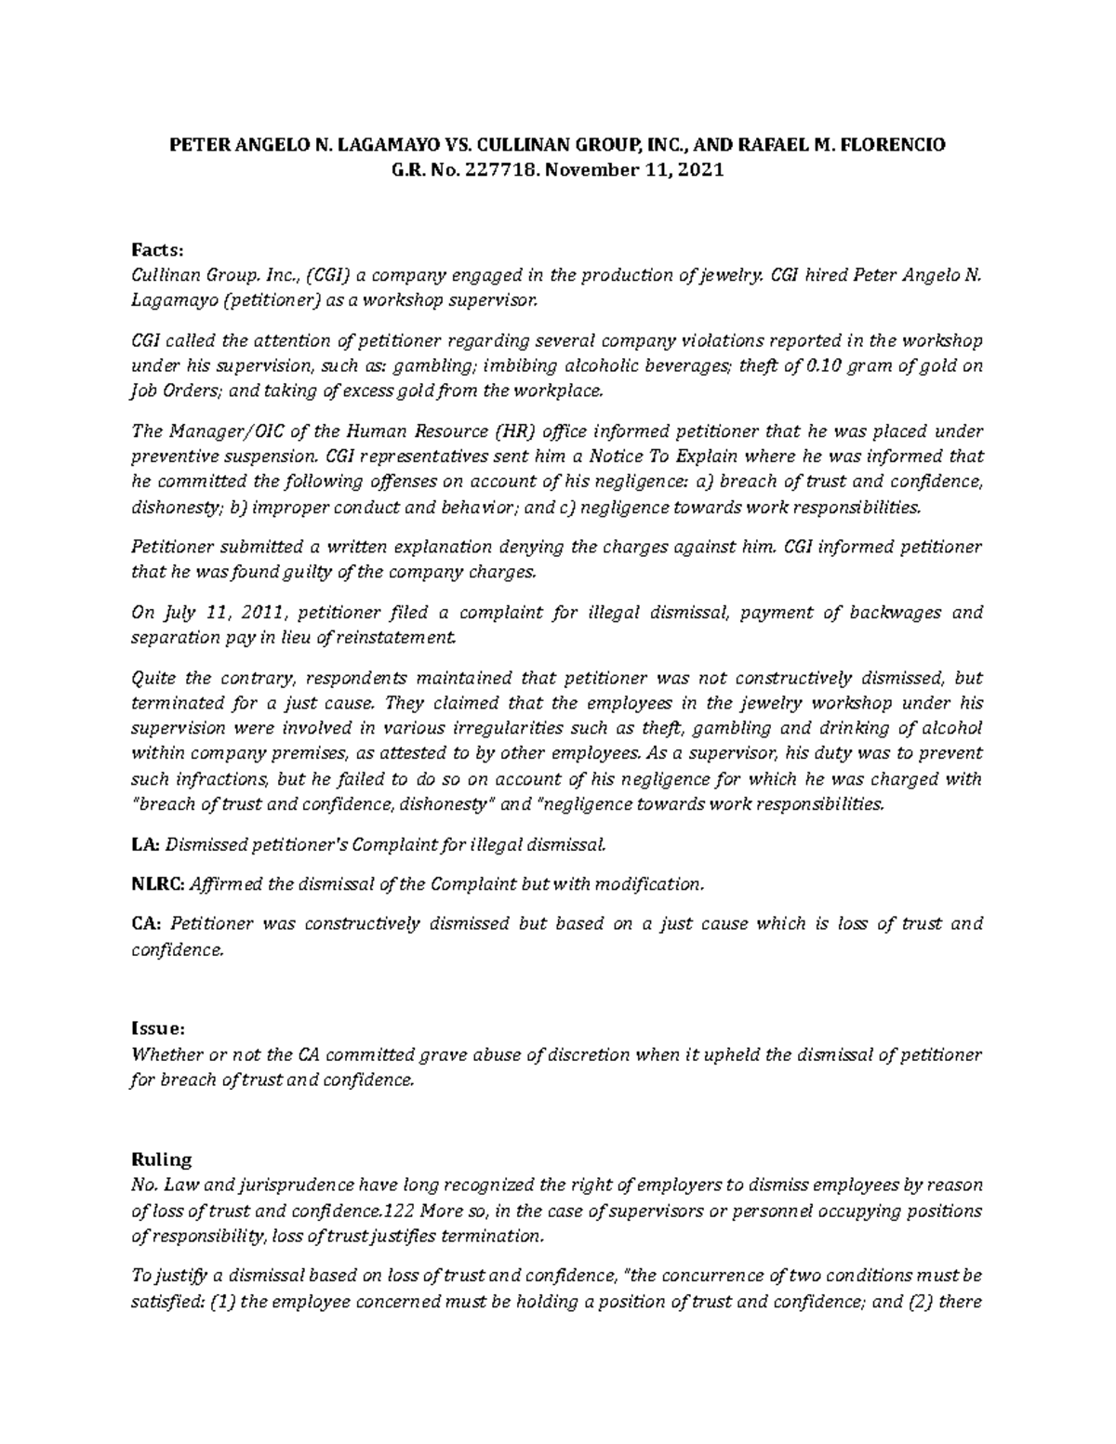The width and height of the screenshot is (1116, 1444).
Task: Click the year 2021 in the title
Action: coord(701,171)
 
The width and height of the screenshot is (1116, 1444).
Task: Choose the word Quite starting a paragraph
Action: coord(152,678)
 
